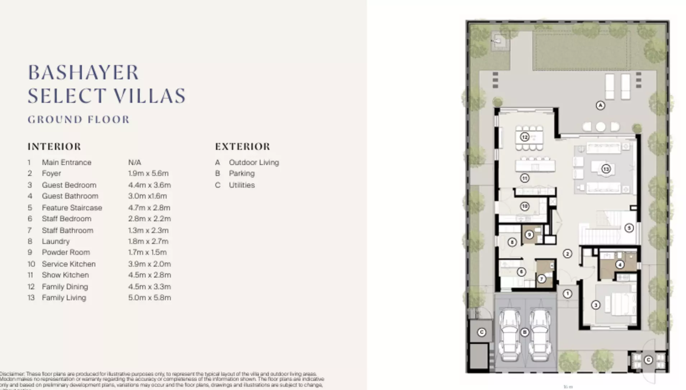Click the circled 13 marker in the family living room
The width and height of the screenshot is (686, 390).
point(606,169)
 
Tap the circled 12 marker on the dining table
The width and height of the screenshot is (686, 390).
point(525,137)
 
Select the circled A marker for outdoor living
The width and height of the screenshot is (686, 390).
point(600,105)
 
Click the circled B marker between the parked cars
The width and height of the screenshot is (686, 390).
point(525,332)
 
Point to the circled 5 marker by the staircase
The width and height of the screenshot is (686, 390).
point(629,228)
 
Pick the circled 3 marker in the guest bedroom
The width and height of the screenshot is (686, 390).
point(596,305)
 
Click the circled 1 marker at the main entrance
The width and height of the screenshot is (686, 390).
point(567,294)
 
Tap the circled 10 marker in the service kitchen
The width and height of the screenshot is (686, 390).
point(525,206)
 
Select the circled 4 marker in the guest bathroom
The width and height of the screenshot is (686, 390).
point(620,265)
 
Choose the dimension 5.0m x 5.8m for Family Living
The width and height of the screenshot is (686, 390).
point(149,297)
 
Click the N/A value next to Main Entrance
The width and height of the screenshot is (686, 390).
point(135,162)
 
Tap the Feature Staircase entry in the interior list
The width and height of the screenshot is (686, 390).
point(72,208)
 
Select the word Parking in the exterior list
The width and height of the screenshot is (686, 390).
point(241,173)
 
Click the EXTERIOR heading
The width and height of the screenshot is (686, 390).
point(243,147)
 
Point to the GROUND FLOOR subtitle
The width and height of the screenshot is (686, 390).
point(79,119)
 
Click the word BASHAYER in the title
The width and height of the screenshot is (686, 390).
point(83,73)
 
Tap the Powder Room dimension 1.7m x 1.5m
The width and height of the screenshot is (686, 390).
point(147,252)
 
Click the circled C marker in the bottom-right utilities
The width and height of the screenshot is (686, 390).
point(648,360)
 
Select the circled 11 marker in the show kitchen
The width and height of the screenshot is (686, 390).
point(525,178)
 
